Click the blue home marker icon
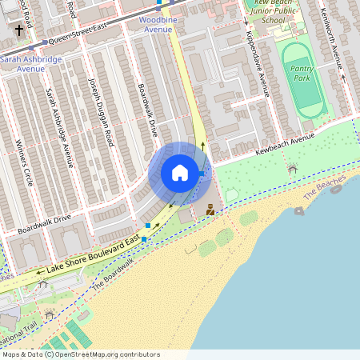[180, 173]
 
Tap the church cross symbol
[19, 30]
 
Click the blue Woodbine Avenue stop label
[156, 23]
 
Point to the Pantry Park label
[301, 74]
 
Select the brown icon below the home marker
[210, 210]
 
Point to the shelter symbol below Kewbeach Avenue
[293, 169]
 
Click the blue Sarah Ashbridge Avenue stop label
[33, 64]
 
